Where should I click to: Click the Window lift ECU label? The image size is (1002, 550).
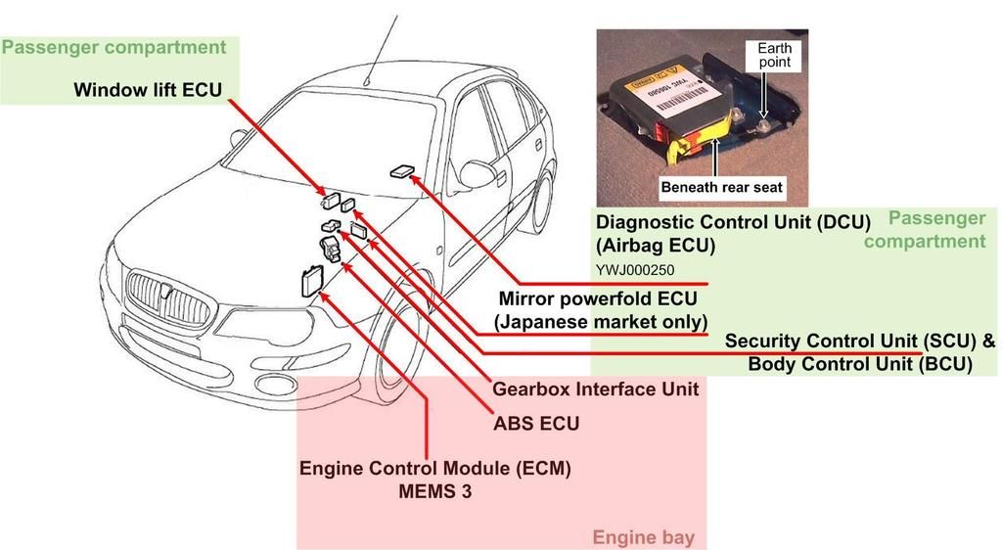[148, 90]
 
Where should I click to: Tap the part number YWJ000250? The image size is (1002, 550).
[634, 270]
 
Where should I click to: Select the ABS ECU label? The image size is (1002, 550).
[536, 424]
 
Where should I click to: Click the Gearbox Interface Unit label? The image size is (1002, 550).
[595, 389]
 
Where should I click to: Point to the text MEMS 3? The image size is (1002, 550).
[434, 491]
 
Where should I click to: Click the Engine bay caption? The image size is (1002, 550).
[643, 537]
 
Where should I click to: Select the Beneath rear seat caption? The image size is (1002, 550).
[721, 186]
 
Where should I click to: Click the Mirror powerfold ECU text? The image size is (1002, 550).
[599, 299]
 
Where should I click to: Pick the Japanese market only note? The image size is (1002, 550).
[601, 321]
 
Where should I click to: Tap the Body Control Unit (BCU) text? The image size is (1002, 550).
[860, 364]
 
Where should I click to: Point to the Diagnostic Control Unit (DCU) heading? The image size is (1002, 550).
[733, 222]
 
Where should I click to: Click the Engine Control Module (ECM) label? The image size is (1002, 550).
[434, 468]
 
